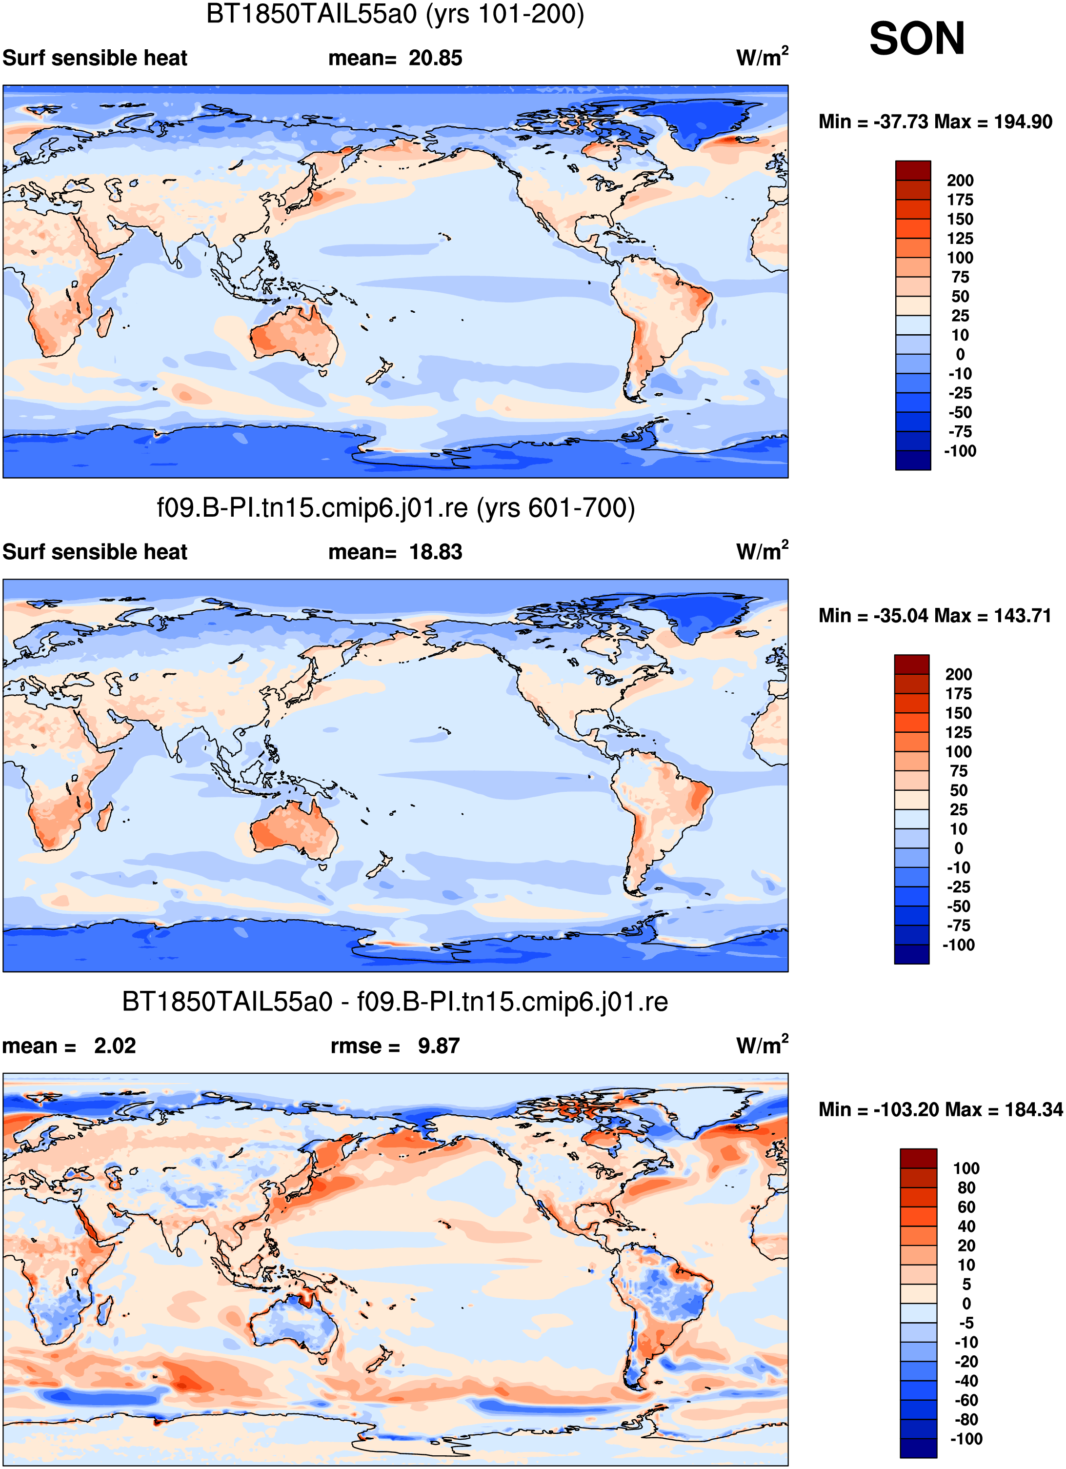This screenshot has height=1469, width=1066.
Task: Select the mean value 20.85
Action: [435, 58]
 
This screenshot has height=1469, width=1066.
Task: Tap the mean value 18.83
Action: [435, 552]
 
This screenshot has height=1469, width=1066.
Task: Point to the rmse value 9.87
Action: [439, 1046]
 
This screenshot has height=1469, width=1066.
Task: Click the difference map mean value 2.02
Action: [115, 1046]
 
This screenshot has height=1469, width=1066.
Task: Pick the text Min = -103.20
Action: [878, 1109]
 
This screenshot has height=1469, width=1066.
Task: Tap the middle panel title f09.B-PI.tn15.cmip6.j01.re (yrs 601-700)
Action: [396, 508]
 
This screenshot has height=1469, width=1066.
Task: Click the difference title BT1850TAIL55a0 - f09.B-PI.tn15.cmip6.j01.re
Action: [395, 1002]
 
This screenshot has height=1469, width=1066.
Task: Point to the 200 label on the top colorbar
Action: [960, 181]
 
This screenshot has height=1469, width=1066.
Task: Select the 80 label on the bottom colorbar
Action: [966, 1188]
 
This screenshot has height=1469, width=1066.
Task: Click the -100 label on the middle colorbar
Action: [959, 945]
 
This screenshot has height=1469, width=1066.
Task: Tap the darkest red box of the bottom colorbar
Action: [918, 1159]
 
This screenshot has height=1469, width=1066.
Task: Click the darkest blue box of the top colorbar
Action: [913, 460]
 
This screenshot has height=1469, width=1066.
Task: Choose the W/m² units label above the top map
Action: [762, 57]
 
